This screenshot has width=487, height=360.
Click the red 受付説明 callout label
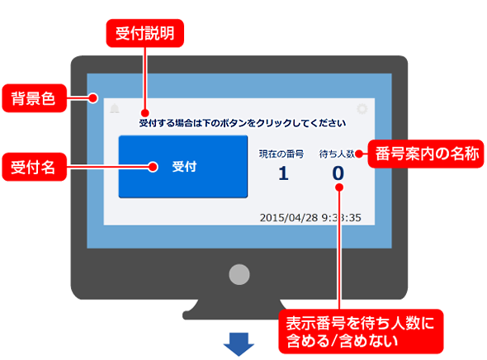click(145, 33)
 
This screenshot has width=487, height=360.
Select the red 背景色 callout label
click(35, 98)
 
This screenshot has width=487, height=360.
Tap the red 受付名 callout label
click(35, 167)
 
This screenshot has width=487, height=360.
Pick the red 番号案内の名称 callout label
click(426, 154)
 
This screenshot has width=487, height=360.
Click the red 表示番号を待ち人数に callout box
click(361, 331)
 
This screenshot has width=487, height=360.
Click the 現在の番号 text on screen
click(281, 154)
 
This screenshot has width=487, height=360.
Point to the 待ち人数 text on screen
click(337, 154)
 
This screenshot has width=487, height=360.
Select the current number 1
click(283, 173)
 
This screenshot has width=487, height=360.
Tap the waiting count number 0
click(338, 173)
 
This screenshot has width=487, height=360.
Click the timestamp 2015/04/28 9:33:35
click(310, 217)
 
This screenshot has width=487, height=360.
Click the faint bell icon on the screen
click(115, 108)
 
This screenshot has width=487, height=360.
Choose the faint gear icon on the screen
click(362, 109)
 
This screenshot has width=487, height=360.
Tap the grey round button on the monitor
click(239, 274)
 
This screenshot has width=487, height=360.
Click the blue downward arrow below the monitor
click(239, 344)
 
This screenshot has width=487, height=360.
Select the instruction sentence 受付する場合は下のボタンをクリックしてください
click(242, 123)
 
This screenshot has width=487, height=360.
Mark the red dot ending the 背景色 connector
click(92, 98)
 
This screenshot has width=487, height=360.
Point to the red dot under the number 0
click(339, 187)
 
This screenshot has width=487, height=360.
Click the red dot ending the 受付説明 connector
click(144, 113)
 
